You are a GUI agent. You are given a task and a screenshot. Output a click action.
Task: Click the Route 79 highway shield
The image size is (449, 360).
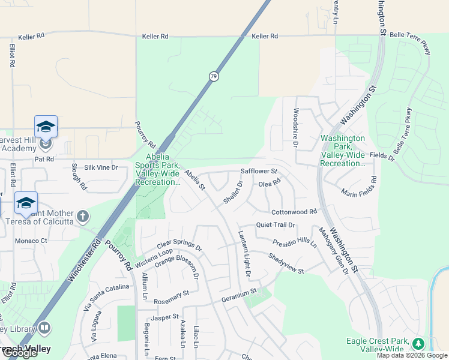tap(214, 76)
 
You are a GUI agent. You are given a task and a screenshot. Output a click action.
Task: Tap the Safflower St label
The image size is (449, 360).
tap(258, 171)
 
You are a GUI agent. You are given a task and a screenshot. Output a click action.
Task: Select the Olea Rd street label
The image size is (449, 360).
tap(269, 183)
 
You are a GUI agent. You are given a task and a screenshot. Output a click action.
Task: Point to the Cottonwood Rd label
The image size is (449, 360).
tap(294, 212)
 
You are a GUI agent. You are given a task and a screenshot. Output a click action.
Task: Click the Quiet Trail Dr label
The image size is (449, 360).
tap(276, 225)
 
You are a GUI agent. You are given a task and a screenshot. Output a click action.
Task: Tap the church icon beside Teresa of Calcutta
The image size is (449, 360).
tap(83, 215)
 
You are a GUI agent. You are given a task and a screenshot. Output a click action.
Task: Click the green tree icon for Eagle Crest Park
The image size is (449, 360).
tap(418, 344)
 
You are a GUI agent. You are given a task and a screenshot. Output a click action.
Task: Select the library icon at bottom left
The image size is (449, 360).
tap(44, 328)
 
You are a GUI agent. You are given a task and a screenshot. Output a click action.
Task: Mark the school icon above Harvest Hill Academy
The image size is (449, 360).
tap(46, 127)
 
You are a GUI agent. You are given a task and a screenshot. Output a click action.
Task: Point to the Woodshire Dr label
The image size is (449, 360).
tap(295, 128)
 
